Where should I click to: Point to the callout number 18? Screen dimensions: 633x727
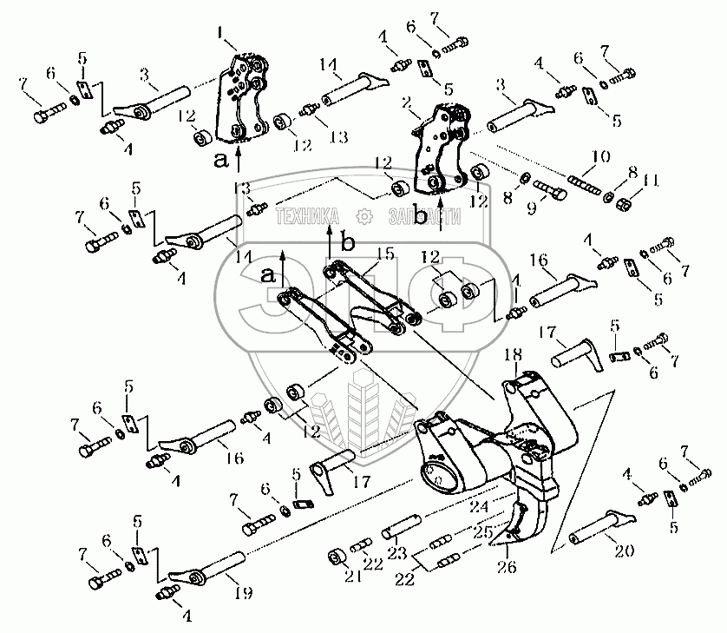coord(513,354)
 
